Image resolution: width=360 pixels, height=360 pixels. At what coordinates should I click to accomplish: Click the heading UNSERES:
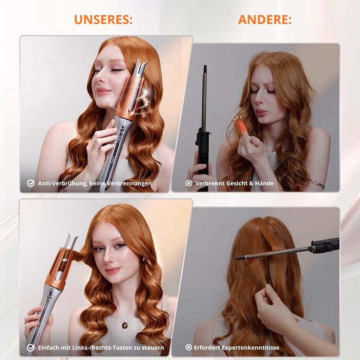103,20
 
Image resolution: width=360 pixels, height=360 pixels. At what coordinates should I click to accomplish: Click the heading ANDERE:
265,20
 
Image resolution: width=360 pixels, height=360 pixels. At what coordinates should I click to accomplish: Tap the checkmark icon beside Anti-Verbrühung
31,183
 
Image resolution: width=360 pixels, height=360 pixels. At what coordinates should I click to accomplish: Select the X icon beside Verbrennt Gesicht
189,183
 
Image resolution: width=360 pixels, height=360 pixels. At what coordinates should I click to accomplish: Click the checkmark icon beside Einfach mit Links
31,347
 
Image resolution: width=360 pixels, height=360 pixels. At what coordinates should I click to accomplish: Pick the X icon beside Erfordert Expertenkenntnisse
188,347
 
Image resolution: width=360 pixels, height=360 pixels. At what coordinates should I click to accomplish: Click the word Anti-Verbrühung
62,183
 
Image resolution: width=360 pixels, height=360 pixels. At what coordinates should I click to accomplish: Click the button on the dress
124,325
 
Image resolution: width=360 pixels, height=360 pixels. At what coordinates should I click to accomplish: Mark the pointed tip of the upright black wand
205,66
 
